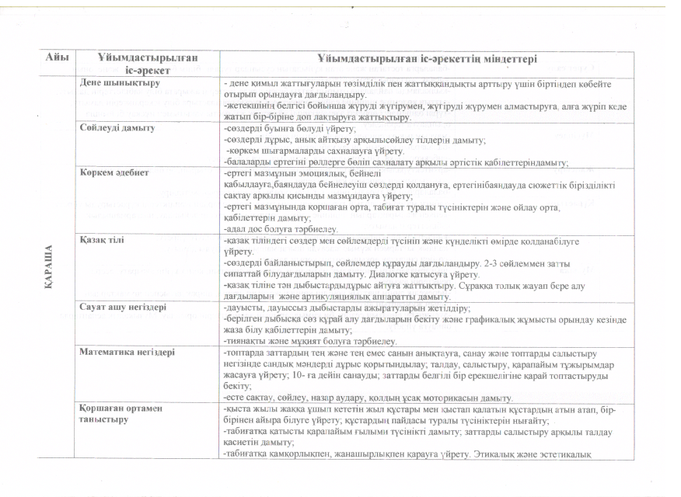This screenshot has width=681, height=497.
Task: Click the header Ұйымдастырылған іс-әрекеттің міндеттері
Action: coord(427,59)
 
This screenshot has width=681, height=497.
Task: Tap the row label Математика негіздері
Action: coord(127,352)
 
